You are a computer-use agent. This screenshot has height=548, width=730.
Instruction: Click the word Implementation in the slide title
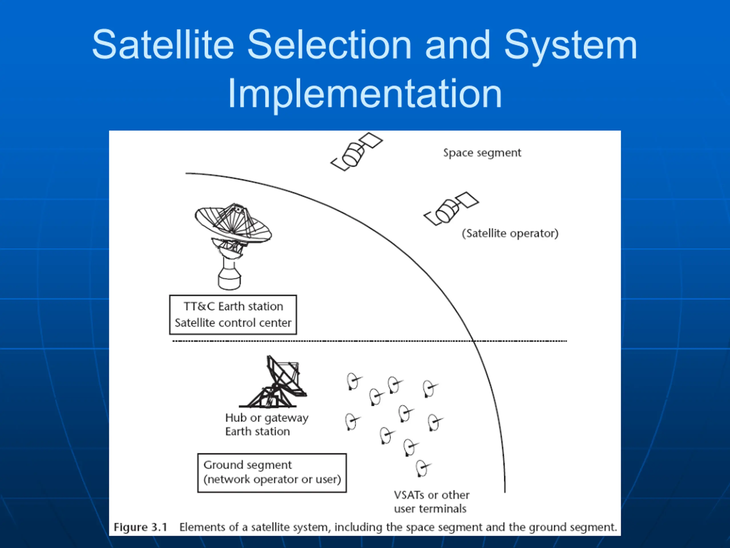point(365,94)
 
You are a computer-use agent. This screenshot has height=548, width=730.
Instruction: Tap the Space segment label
point(482,153)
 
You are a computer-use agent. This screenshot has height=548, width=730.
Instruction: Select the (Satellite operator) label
point(510,233)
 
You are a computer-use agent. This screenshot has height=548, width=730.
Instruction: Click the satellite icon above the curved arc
point(356,152)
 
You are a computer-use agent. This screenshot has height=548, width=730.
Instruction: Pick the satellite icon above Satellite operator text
point(451,209)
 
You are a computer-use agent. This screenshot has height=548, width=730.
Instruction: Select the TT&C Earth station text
point(233,307)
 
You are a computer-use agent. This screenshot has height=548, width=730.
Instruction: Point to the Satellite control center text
point(233,323)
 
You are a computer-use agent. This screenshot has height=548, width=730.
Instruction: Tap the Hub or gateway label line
point(267,418)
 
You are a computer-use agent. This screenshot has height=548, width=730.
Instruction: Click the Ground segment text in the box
point(248,466)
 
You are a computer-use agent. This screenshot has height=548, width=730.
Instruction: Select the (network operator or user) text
point(272,479)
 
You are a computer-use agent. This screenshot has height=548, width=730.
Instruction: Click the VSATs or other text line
point(431,495)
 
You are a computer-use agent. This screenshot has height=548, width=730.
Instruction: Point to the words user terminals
point(430,509)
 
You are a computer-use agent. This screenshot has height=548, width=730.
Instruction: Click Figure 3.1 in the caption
point(141,527)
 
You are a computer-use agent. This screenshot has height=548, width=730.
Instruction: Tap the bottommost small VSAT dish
point(423,469)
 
